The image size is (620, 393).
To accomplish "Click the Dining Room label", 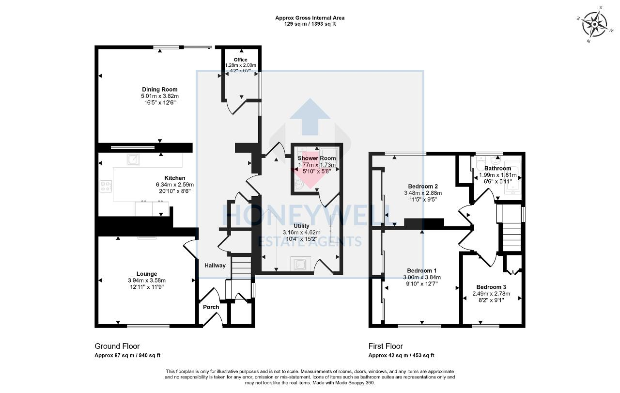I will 159,89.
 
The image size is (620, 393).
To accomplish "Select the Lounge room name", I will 146,274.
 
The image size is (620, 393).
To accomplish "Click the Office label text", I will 241,60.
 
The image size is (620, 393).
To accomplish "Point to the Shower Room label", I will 316,158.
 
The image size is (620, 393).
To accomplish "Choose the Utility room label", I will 301,226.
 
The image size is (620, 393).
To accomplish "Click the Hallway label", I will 215,266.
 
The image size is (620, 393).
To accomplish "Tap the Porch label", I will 211,307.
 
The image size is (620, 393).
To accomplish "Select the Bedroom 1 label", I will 422,270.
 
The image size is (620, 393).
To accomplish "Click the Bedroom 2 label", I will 423,187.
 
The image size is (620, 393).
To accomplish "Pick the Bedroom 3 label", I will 491,287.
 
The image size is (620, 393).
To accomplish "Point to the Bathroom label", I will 497,169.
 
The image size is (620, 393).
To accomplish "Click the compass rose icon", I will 594,24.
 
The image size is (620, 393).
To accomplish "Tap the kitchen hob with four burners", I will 106,186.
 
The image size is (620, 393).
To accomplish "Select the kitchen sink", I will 133,158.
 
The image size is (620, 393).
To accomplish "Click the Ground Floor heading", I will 117,346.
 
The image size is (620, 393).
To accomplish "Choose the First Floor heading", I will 386,346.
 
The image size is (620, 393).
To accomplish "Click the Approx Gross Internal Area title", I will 310,18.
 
